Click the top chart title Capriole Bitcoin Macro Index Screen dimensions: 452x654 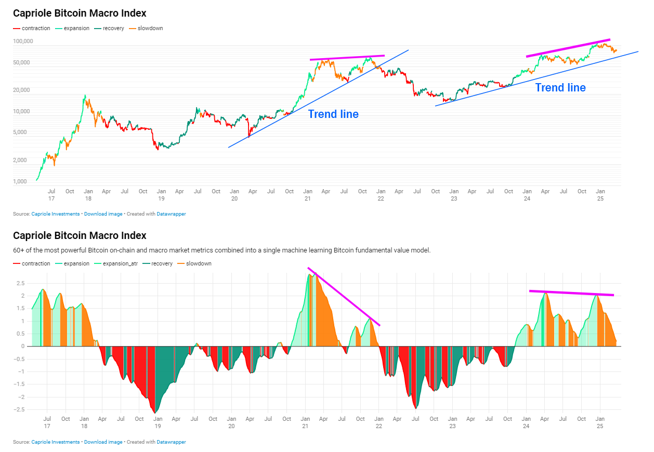coord(80,13)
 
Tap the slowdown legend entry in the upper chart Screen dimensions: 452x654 coord(150,28)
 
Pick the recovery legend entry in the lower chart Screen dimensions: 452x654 coord(162,263)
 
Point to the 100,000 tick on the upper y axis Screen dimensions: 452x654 coord(23,41)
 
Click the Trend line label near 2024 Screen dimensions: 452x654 coord(560,88)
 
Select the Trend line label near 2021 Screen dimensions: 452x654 coord(333,114)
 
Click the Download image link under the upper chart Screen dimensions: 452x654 coord(103,214)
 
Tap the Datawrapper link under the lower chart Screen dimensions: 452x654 coord(171,442)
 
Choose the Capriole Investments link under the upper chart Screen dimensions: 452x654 coord(56,214)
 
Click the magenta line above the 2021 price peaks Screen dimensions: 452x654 coord(347,58)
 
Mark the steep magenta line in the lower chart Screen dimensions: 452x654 coord(344,297)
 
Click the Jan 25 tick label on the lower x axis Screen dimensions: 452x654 coord(600,422)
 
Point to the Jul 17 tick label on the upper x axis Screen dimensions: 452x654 coord(51,195)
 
